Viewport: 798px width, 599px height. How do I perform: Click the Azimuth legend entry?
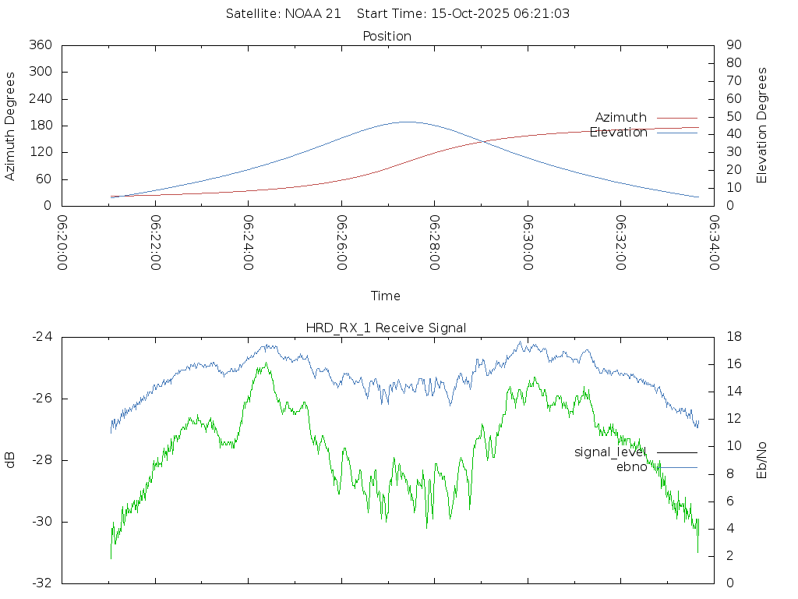[621, 118]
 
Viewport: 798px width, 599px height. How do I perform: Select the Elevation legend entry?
[619, 133]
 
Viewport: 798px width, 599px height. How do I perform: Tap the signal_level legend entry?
[610, 452]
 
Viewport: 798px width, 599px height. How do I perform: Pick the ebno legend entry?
[631, 467]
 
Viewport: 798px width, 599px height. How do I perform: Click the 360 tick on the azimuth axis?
[40, 45]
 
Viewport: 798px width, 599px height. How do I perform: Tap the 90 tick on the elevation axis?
[733, 45]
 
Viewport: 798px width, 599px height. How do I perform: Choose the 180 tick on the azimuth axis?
[40, 126]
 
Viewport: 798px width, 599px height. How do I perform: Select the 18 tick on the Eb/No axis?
[733, 337]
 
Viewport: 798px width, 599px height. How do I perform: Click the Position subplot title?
[387, 37]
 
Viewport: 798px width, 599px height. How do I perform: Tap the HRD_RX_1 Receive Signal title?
[386, 328]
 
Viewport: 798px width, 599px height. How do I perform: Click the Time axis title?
[386, 296]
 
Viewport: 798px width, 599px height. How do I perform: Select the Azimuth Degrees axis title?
[11, 126]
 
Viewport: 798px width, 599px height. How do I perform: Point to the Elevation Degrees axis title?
[762, 126]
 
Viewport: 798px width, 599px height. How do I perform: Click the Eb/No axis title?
[762, 460]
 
